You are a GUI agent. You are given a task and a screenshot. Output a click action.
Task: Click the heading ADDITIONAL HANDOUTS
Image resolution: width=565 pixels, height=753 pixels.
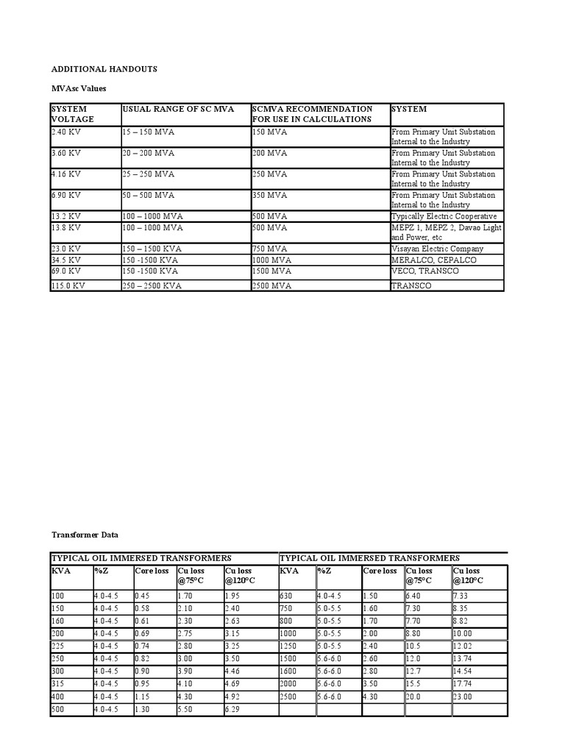[x=104, y=68]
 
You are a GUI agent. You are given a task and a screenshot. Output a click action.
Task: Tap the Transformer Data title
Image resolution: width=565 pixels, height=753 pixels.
[x=84, y=535]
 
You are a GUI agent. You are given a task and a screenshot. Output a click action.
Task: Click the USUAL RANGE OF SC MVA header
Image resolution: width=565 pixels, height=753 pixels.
[x=178, y=109]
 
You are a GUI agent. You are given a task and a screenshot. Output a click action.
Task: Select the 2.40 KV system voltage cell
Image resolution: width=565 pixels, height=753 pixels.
[x=67, y=132]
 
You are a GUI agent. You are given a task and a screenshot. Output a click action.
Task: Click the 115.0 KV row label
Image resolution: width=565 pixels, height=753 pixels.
[x=68, y=285]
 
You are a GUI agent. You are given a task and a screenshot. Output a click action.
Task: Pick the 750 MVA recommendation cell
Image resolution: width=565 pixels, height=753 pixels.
[x=269, y=249]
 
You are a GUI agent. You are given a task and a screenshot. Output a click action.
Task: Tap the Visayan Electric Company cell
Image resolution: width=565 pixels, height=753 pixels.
[x=438, y=249]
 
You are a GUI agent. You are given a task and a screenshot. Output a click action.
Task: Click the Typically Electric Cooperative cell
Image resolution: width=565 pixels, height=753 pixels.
[x=444, y=216]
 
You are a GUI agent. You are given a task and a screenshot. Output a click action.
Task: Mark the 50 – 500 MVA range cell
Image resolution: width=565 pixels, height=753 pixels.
[x=149, y=195]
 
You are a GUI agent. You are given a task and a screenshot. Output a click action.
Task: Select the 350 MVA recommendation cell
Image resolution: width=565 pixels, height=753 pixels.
[x=269, y=195]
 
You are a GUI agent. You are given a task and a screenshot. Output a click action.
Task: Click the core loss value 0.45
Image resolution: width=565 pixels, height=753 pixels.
[x=143, y=595]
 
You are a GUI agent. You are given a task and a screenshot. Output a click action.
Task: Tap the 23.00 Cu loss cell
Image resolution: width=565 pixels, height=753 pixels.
[x=464, y=696]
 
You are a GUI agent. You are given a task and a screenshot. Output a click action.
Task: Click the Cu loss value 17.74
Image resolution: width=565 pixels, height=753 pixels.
[x=464, y=683]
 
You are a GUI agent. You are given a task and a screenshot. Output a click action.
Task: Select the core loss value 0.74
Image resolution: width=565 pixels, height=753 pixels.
[x=143, y=646]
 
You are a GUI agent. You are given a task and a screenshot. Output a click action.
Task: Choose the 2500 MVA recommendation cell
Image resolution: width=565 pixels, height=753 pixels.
[x=271, y=285]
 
